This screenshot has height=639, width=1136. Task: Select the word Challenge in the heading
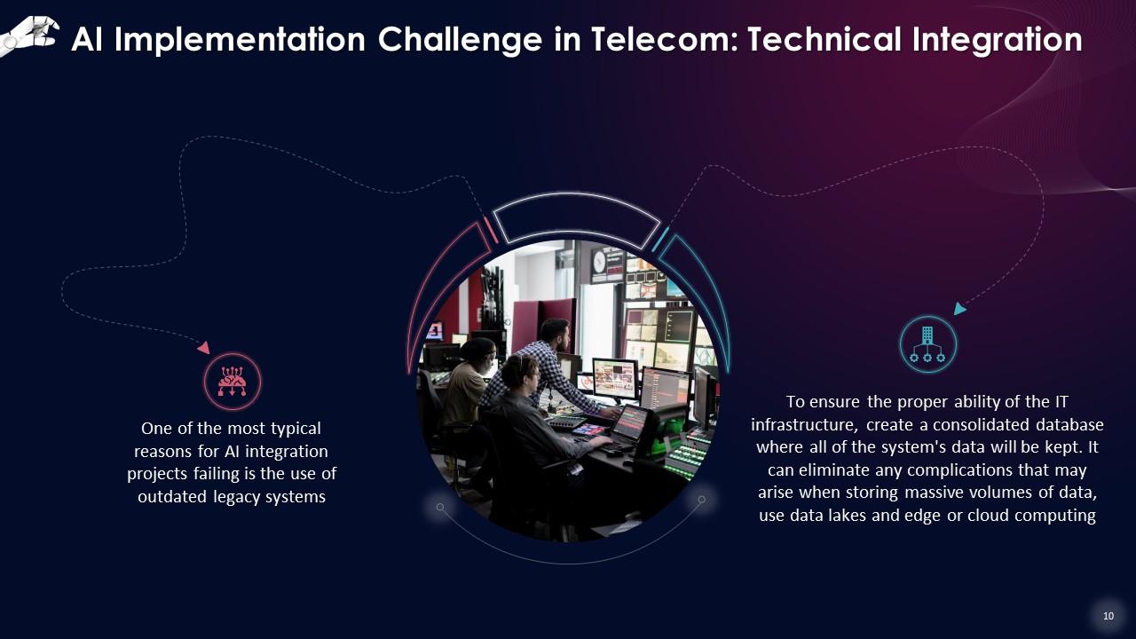(x=460, y=41)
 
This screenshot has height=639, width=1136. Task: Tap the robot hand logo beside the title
(x=29, y=35)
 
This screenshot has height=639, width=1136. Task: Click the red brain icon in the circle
(x=233, y=382)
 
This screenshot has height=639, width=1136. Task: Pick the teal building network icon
(x=927, y=344)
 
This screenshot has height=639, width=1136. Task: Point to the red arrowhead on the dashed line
(x=204, y=347)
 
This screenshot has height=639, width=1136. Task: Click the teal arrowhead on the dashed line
(x=959, y=308)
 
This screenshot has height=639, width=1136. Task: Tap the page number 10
(x=1108, y=616)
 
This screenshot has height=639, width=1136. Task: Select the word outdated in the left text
(x=172, y=496)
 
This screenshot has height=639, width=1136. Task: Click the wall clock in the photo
(x=599, y=261)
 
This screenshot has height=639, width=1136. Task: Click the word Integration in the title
(x=997, y=41)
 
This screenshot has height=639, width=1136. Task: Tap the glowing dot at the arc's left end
(x=439, y=507)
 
